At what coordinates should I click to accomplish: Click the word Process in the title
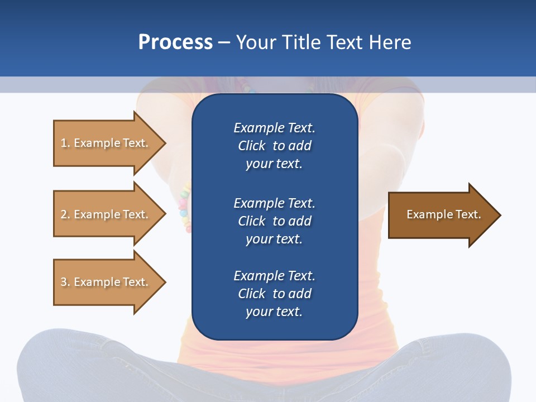coord(175,42)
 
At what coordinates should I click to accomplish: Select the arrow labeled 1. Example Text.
coord(104,143)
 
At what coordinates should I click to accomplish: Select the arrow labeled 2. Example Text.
coord(104,214)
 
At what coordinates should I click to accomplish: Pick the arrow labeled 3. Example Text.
coord(104,282)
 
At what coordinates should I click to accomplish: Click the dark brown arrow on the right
coord(441,215)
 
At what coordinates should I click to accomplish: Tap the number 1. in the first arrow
coord(65,143)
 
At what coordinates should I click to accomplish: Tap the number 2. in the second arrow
coord(65,214)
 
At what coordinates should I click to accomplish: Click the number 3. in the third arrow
coord(65,282)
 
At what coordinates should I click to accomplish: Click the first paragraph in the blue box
coord(274,146)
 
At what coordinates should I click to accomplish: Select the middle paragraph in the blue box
coord(274,221)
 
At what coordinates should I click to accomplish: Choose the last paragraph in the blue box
coord(274,294)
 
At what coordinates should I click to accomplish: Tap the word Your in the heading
coord(256,42)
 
